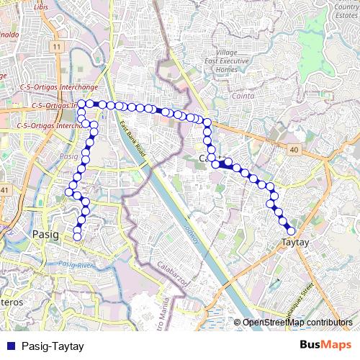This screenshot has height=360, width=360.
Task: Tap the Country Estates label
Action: (346, 10)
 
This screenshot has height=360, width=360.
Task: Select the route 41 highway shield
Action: (4, 189)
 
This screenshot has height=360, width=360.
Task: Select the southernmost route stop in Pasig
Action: (77, 237)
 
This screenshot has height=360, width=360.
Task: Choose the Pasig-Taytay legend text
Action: (53, 346)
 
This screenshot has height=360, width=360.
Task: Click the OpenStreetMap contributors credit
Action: (297, 323)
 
